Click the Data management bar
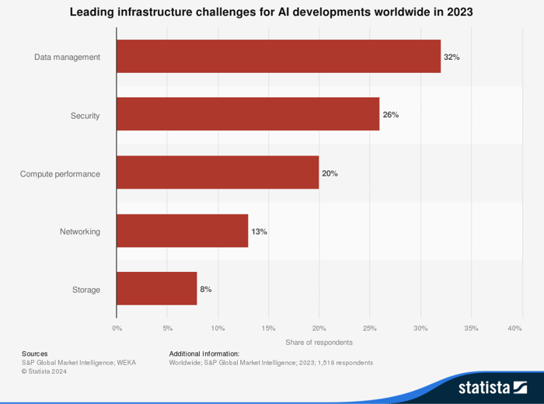point(278,57)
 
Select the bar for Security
point(248,115)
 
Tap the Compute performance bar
point(218,173)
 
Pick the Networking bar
point(182,231)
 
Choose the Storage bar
point(156,289)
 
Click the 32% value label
point(452,57)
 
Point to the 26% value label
point(390,115)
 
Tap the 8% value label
point(206,289)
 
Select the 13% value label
point(259,232)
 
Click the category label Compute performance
point(60,174)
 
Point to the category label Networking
point(79,232)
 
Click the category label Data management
point(67,57)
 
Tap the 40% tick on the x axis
point(514,329)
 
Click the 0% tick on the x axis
point(117,329)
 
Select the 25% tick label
point(370,329)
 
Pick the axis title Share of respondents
point(319,343)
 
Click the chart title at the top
point(271,12)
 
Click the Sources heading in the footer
point(34,353)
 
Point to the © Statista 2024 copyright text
point(44,371)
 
